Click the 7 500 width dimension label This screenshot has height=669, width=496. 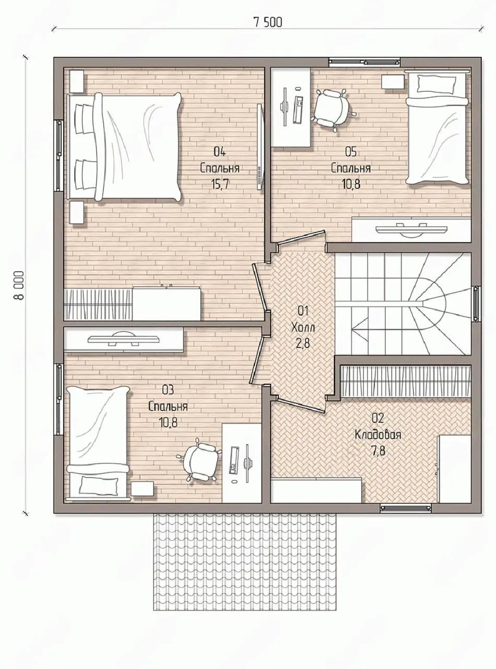(268, 23)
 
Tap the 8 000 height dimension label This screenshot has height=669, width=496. (19, 285)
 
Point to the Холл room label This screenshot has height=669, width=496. (303, 327)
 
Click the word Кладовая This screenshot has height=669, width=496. (377, 435)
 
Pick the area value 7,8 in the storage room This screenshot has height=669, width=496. (378, 452)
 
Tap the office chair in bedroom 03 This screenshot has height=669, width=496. (198, 460)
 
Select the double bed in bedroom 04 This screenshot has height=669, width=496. (125, 147)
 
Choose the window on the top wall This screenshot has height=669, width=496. (364, 62)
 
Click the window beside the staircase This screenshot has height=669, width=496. (476, 304)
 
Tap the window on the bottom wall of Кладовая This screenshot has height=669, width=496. (406, 507)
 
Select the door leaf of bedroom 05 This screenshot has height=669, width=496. (301, 237)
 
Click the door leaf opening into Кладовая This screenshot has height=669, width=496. (300, 405)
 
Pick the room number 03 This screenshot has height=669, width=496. (168, 390)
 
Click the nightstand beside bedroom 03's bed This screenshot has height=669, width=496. (143, 488)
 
